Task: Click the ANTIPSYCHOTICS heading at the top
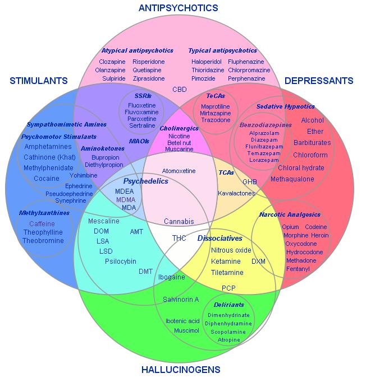click(178, 8)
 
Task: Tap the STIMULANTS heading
click(39, 81)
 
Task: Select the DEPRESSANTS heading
click(319, 81)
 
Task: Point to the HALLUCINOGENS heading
click(181, 369)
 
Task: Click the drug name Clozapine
click(112, 62)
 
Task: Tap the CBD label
click(180, 89)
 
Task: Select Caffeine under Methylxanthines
click(43, 223)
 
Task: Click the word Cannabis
click(179, 221)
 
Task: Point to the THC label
click(179, 238)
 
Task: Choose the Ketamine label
click(226, 262)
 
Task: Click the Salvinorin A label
click(181, 299)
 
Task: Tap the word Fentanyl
click(298, 269)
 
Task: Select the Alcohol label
click(312, 120)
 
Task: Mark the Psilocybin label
click(120, 261)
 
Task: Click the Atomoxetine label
click(179, 170)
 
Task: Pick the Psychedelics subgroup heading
click(138, 181)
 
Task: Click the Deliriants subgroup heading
click(228, 305)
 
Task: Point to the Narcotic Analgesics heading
click(290, 214)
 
